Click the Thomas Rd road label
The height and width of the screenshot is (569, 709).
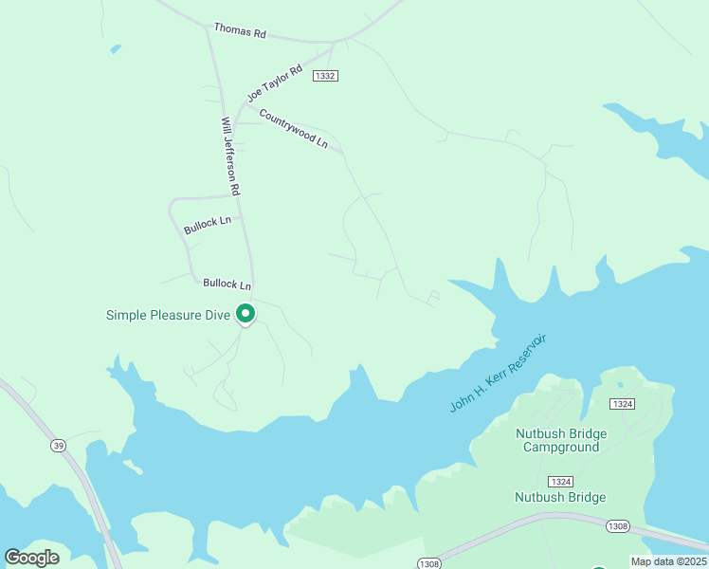[240, 31]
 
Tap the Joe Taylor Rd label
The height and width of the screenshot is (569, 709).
[273, 83]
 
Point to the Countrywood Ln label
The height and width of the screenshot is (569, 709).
[293, 133]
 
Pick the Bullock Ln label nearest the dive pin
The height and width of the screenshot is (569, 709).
[227, 284]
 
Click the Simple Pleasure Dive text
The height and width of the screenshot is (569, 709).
[168, 315]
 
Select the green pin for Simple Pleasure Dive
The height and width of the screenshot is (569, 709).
[245, 313]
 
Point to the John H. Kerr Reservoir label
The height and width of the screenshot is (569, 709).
[499, 373]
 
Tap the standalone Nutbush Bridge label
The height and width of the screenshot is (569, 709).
[559, 497]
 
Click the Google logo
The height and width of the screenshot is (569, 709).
[31, 557]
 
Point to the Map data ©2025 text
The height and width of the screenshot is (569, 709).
[667, 561]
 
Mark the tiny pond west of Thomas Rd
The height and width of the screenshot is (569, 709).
[116, 48]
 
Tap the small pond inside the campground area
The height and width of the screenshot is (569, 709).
[620, 385]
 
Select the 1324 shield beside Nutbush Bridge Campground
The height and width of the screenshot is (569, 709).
[622, 405]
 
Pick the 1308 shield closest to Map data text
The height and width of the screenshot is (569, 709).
[618, 525]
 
